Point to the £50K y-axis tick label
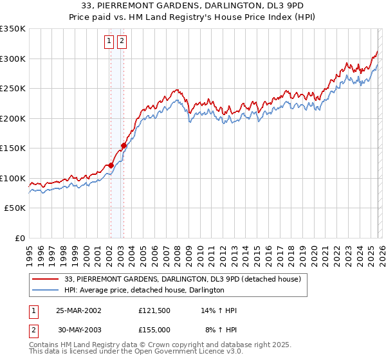click(15, 208)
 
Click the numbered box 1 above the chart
click(109, 42)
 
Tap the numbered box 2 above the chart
click(122, 42)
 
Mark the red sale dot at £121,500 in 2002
click(111, 165)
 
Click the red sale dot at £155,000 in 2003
click(124, 145)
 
